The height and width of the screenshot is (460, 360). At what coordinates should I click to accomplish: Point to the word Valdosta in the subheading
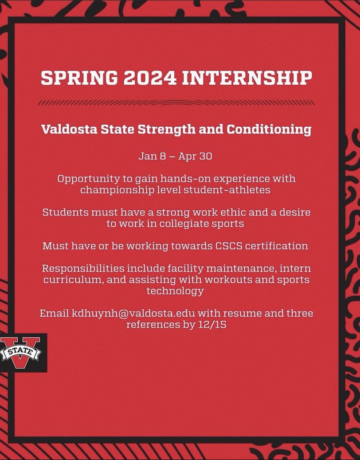click(67, 130)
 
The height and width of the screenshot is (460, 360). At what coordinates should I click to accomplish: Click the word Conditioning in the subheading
click(269, 130)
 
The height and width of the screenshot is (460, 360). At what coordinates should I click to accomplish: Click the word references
click(150, 324)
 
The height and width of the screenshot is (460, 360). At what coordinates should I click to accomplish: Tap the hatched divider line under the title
click(176, 102)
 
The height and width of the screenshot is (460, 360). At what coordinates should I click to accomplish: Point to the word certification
click(277, 246)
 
